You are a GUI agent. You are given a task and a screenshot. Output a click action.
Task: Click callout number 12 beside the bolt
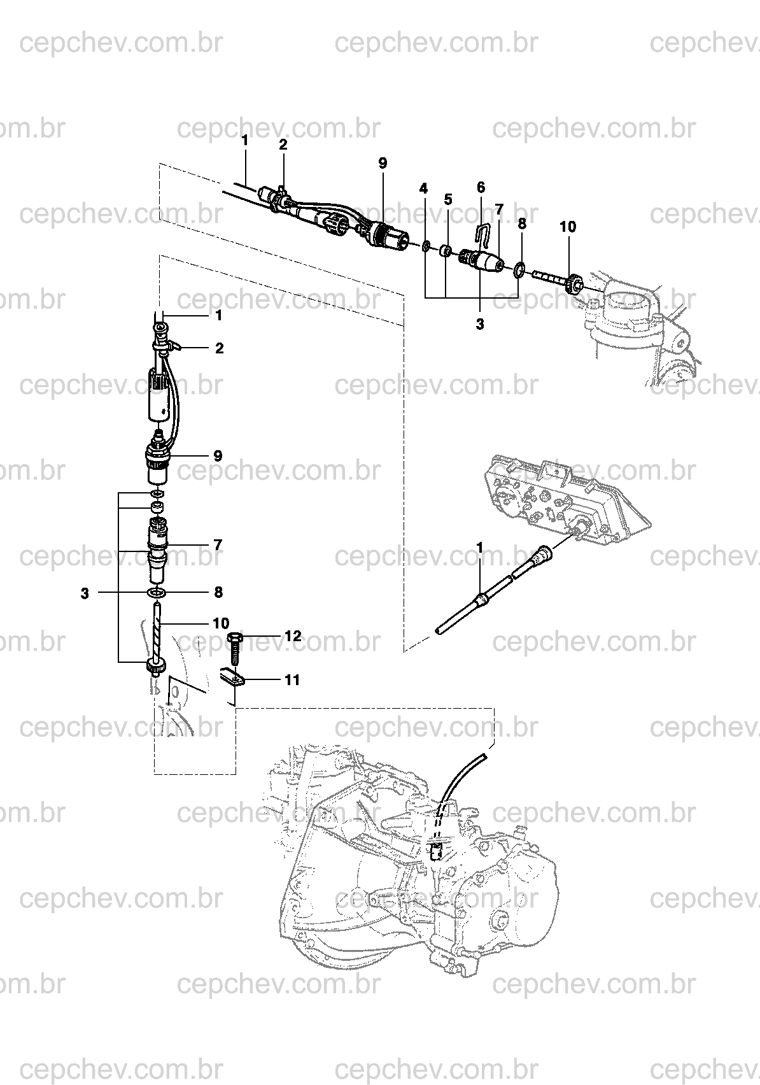(292, 635)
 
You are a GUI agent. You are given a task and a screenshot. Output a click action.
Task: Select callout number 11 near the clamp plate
(292, 680)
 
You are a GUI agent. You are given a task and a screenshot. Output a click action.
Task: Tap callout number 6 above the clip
(481, 187)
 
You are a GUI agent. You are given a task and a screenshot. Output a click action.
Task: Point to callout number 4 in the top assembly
(423, 188)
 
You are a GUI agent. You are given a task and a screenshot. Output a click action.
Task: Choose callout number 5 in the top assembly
(447, 199)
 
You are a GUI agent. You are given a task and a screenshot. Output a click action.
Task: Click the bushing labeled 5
(446, 252)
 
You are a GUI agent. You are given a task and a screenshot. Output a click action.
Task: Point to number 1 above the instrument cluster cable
(480, 548)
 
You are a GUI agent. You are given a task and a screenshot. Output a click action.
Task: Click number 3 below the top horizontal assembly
(480, 325)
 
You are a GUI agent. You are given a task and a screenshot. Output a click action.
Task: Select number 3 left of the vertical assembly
(85, 594)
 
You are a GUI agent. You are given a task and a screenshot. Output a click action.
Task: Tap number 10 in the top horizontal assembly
(568, 227)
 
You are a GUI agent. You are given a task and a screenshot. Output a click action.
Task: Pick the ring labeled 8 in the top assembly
(519, 269)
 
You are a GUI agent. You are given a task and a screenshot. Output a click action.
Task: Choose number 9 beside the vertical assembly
(218, 456)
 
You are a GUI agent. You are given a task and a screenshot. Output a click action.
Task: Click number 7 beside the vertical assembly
(218, 545)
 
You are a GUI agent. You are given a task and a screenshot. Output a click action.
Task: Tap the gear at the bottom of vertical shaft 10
(157, 669)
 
